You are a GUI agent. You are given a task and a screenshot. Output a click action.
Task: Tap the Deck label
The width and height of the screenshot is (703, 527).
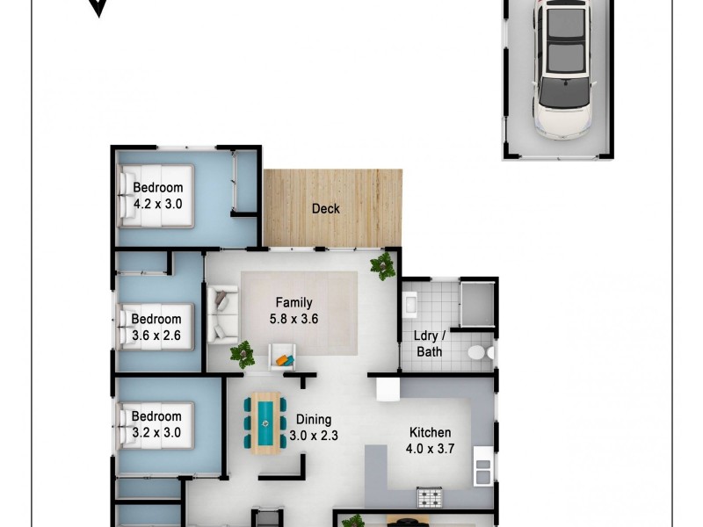click(x=325, y=209)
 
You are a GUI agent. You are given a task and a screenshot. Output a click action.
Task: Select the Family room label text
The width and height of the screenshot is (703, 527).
click(x=294, y=303)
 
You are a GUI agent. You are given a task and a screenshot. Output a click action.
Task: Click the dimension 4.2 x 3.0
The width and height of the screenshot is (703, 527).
click(x=158, y=204)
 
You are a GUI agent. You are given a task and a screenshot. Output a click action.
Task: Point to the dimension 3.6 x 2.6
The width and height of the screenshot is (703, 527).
click(x=156, y=336)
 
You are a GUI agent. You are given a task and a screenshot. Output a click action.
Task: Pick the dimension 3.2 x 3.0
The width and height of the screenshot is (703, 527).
click(x=156, y=432)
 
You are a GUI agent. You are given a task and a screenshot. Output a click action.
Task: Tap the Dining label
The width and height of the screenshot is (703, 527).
click(x=313, y=419)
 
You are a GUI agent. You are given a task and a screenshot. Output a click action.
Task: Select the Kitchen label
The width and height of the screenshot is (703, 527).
click(x=431, y=432)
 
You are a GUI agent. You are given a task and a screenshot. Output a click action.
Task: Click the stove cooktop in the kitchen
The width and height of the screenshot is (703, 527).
click(x=431, y=497)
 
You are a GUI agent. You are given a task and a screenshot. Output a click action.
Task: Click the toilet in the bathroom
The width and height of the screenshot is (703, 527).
click(x=478, y=352)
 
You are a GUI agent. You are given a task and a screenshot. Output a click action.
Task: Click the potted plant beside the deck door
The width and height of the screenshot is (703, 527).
click(x=383, y=265)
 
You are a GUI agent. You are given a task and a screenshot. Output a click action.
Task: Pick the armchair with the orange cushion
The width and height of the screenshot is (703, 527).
click(x=282, y=357)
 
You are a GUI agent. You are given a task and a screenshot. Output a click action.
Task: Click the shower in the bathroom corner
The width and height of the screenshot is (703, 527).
click(x=478, y=303)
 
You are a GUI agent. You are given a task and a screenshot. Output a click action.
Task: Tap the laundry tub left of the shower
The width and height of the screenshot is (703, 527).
click(x=409, y=305)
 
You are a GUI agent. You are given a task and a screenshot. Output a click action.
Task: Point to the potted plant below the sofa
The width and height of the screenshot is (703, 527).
click(x=242, y=354)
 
